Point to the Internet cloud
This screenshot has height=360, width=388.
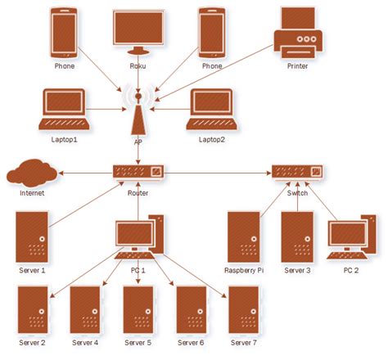click(x=32, y=173)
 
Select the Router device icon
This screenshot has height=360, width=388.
click(x=138, y=173)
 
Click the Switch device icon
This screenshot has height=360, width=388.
click(x=297, y=173)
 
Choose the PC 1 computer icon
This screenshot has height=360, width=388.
click(x=138, y=237)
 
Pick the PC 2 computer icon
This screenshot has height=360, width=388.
click(x=350, y=237)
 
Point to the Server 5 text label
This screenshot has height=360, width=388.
click(x=138, y=342)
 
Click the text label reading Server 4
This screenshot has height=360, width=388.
click(x=85, y=342)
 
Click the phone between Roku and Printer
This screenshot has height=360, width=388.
click(x=212, y=30)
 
